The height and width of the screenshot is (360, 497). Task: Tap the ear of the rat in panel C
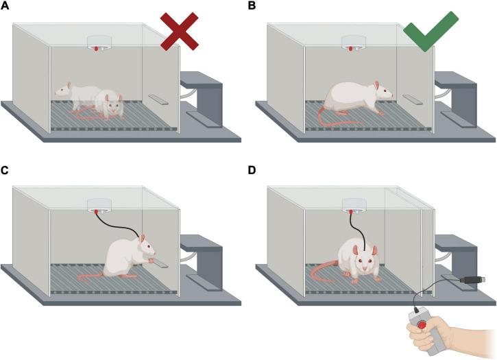click(x=142, y=238)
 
